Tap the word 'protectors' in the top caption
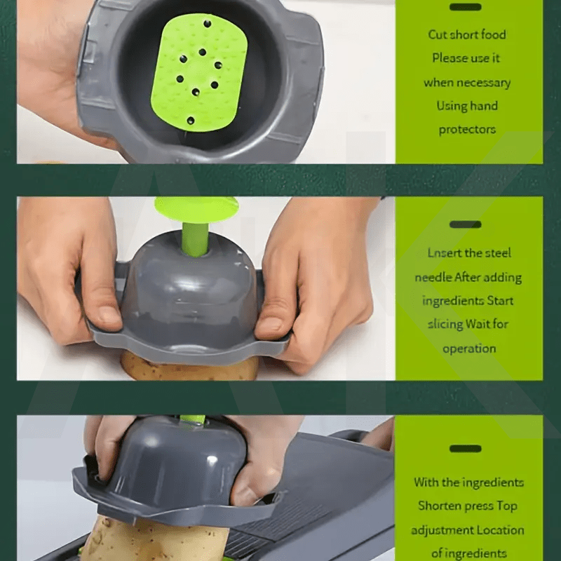pos(467,130)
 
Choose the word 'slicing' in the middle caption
pos(445,324)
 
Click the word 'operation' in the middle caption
pos(469,349)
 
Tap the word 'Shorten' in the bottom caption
pos(436,506)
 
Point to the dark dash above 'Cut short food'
pos(466,7)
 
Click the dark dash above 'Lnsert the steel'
pos(466,224)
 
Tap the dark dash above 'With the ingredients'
pos(466,449)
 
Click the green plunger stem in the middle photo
pos(195,238)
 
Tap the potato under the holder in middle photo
pos(189,367)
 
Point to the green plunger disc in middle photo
pos(196,209)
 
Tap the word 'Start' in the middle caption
pos(500,301)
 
